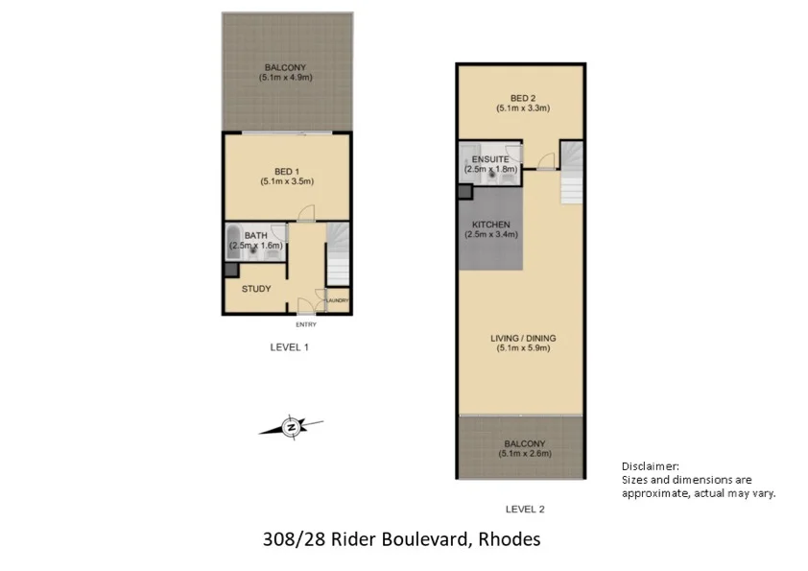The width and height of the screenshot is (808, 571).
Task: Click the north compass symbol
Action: pos(292,427)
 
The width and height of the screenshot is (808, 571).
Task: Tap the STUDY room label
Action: pos(256,289)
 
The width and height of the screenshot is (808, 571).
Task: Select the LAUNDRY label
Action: pos(336,300)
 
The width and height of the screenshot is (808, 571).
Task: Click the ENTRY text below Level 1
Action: pos(306,324)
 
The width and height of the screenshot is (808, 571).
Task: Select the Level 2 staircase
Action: pos(571,174)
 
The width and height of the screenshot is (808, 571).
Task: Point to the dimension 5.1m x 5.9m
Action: pos(523,349)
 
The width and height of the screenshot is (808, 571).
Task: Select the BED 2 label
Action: pos(523,98)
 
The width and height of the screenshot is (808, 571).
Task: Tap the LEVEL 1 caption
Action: pos(289,347)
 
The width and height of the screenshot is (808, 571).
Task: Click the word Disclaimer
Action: pos(651,465)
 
